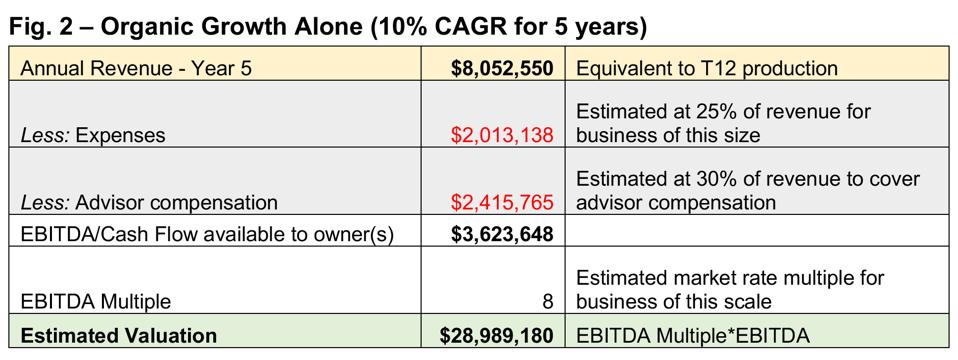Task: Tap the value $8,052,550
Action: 501,69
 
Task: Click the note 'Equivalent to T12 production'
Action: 705,69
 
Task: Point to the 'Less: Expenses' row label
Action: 93,135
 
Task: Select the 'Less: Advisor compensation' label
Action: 149,202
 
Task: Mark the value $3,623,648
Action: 501,235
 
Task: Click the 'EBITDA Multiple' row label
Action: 95,301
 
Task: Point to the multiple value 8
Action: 547,301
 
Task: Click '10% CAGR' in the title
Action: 433,28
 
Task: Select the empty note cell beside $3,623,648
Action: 760,235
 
